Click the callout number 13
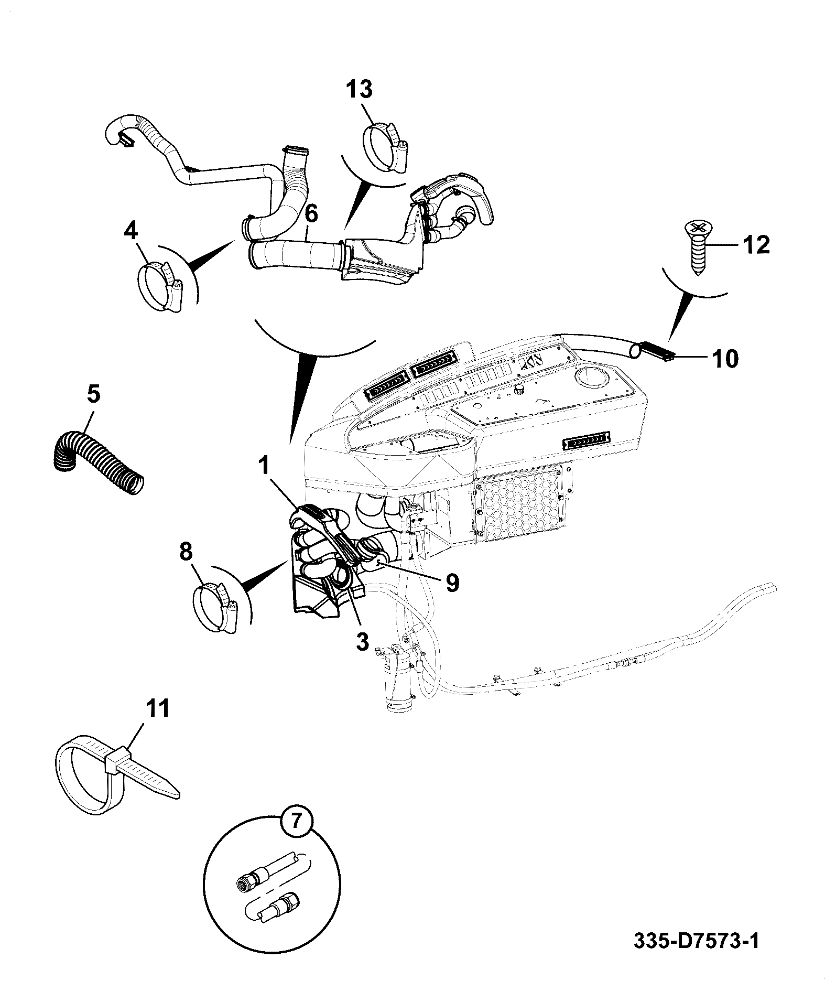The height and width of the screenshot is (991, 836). [x=360, y=90]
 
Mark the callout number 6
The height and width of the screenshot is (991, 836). [x=311, y=214]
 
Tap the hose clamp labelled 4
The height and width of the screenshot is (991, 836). [x=160, y=287]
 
